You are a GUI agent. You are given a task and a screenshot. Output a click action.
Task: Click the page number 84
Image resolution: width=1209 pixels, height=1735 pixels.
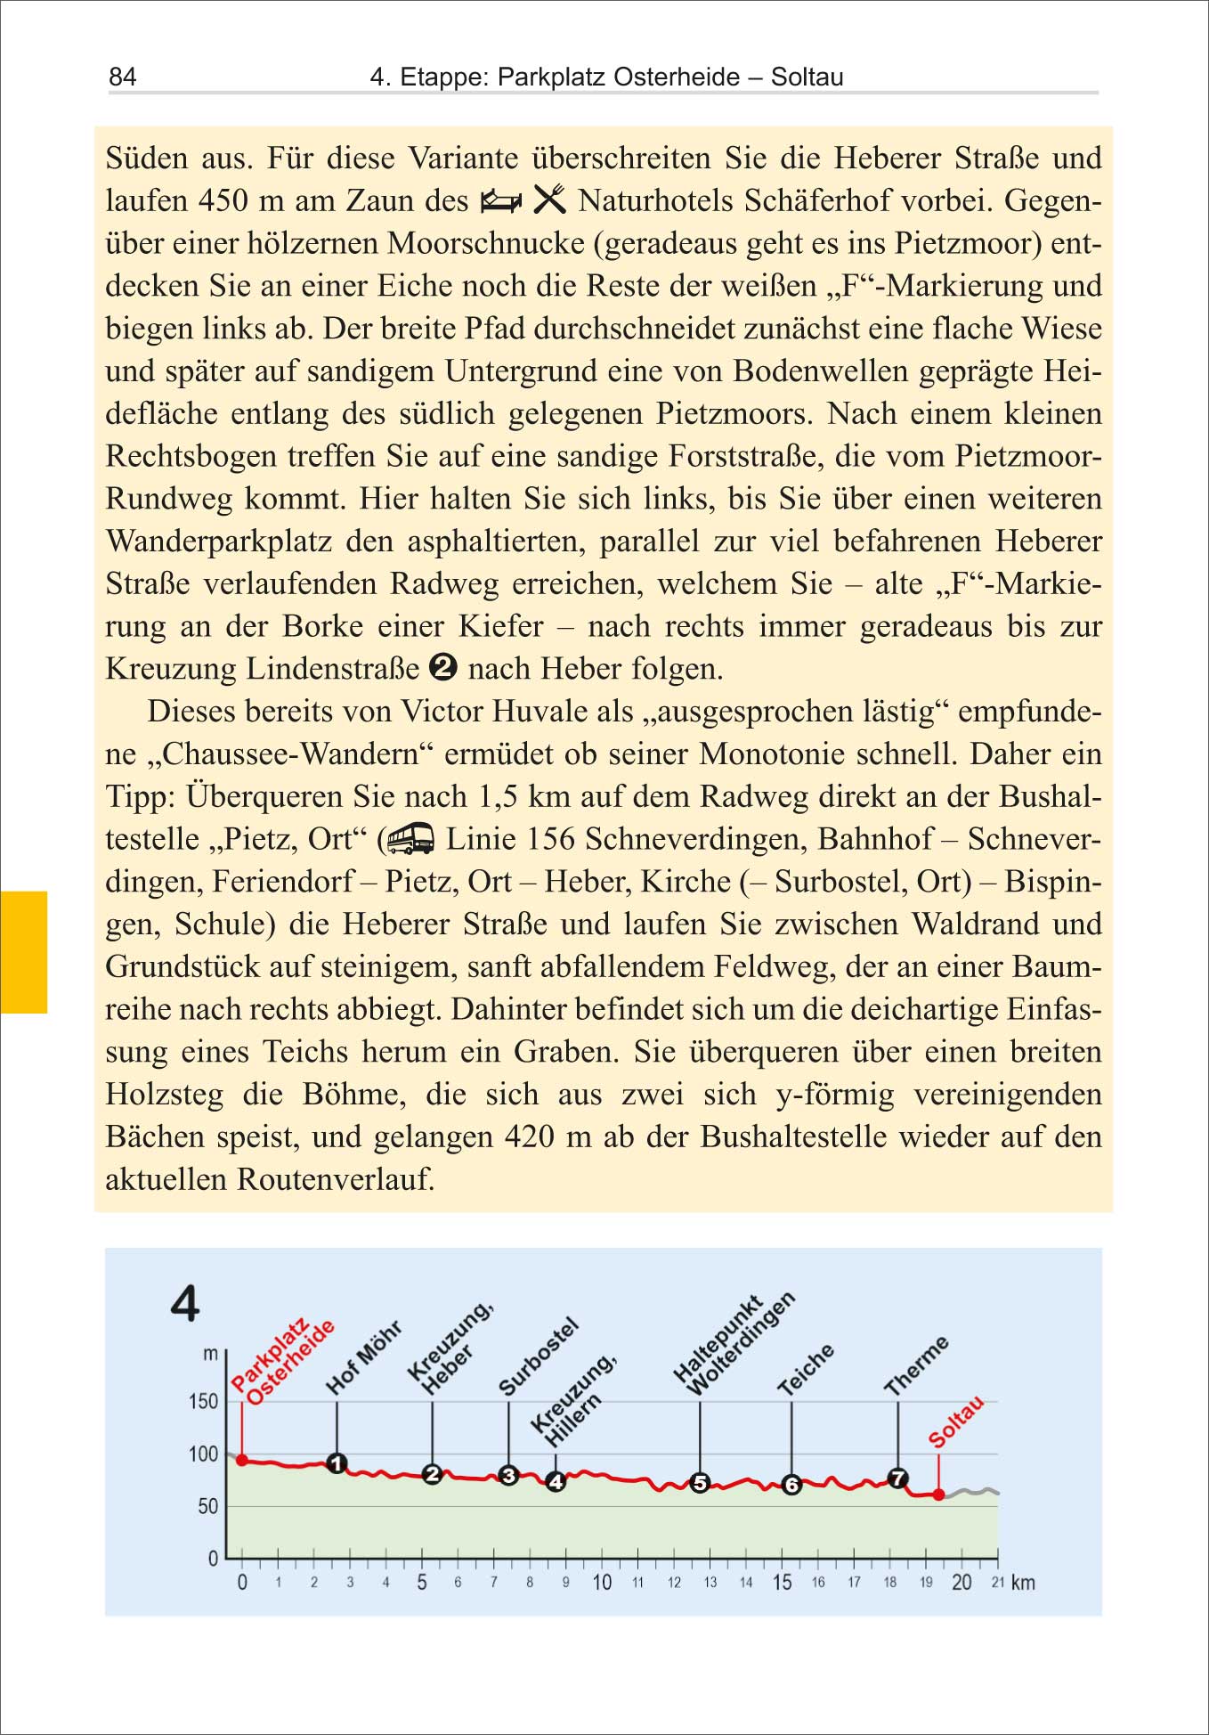123,77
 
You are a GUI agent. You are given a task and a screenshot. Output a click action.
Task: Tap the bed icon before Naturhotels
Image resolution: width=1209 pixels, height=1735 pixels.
501,201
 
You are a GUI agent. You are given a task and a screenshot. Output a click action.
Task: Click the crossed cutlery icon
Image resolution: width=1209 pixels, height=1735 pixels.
549,200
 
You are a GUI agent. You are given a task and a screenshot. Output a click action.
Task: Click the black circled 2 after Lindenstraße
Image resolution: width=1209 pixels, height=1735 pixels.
443,667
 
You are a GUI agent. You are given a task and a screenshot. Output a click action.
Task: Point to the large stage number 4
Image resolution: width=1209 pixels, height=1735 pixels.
185,1304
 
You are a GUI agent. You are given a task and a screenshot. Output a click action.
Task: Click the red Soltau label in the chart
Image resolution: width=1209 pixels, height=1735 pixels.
956,1422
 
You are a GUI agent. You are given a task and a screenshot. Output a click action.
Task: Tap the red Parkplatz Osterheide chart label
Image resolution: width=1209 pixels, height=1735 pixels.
282,1362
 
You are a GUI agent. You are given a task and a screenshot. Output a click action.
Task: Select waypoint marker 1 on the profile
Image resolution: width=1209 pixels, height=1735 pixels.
337,1463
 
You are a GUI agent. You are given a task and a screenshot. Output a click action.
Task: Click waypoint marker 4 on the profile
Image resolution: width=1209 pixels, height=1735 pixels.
556,1482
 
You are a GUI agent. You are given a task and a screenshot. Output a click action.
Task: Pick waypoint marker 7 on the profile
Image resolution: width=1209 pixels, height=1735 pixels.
898,1478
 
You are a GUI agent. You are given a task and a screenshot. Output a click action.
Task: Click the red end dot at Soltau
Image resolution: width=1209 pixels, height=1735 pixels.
938,1495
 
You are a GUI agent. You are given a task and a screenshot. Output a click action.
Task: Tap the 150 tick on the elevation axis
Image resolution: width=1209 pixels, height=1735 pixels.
204,1402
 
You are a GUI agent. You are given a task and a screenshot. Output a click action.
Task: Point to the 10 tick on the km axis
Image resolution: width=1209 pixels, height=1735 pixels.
602,1583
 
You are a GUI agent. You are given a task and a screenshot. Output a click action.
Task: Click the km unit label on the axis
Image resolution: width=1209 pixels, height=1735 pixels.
1023,1583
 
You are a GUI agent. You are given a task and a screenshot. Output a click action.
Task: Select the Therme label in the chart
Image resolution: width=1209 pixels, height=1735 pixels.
916,1365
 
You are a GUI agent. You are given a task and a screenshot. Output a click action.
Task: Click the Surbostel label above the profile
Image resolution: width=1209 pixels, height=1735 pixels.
538,1356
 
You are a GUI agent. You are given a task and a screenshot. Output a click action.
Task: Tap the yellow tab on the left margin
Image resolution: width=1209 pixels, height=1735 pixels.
23,951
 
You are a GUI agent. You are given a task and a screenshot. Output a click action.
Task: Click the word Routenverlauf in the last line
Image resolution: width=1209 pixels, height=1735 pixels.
336,1179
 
